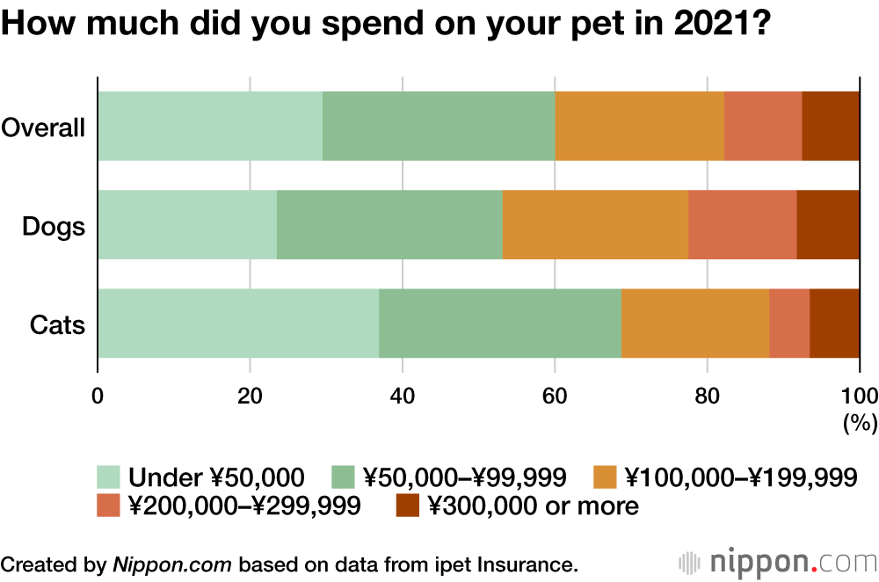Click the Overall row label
43,127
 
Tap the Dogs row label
54,227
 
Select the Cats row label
57,325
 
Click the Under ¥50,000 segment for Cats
238,324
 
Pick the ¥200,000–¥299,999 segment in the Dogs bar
742,224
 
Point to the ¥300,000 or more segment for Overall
831,126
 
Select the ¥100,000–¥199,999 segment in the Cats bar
695,324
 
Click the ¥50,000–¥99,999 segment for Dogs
389,224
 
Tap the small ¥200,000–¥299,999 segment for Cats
789,324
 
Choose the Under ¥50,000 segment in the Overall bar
210,126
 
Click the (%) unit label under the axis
861,423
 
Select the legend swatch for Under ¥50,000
108,477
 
